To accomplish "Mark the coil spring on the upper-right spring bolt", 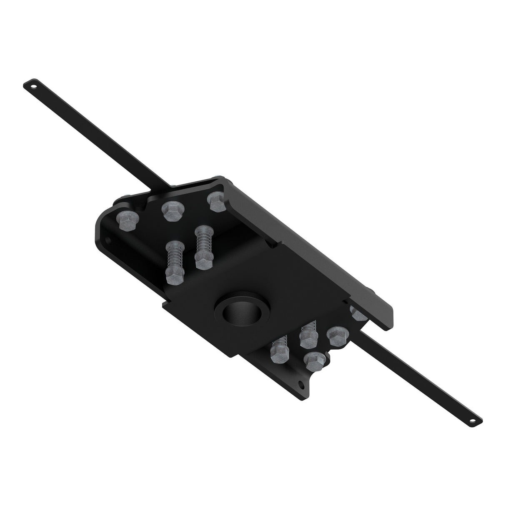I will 203,240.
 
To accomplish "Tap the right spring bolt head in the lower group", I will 309,339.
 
